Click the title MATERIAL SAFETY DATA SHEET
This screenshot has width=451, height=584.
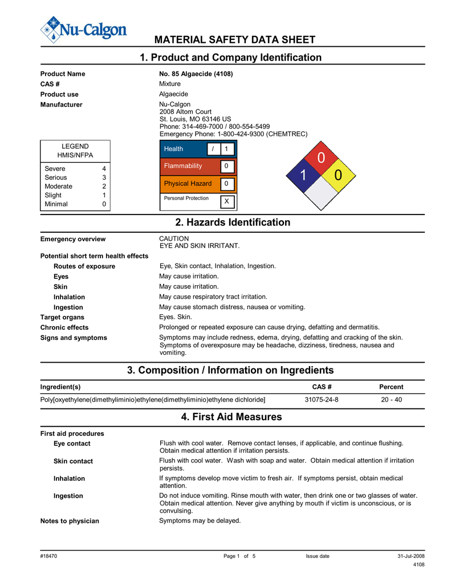235,39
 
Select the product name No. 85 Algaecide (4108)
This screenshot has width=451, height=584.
196,74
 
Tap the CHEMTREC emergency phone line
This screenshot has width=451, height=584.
233,134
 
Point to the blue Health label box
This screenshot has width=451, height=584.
184,149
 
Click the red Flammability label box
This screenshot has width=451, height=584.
184,166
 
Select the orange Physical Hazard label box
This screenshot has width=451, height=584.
184,184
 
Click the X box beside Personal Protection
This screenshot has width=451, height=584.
226,201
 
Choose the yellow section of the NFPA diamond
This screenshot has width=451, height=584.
339,176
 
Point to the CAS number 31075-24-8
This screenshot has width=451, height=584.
322,399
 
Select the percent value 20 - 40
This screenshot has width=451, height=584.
391,399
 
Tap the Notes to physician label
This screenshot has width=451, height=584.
70,521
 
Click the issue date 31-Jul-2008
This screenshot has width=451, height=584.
411,556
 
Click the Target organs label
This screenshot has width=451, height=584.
62,317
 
